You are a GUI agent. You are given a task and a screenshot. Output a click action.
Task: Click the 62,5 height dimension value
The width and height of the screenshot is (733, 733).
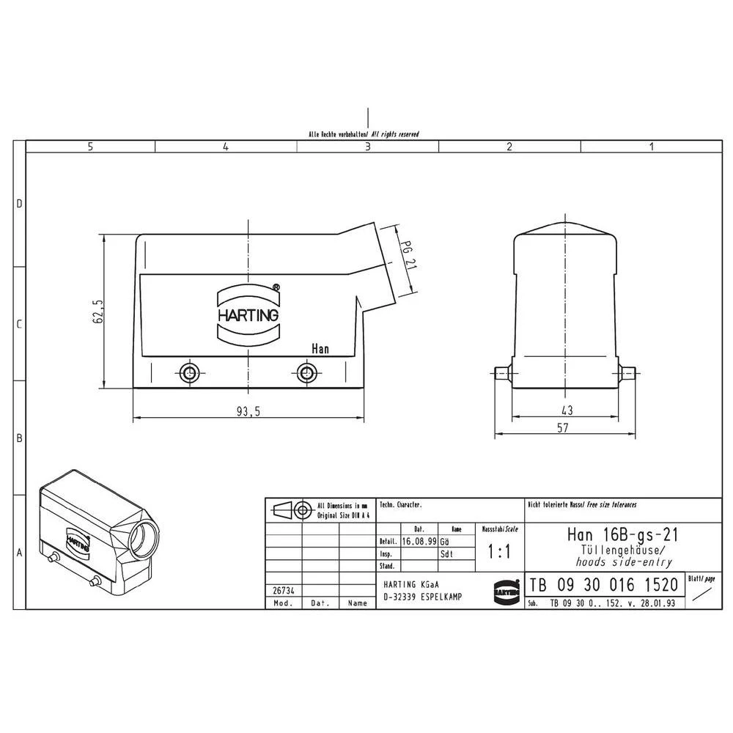click(98, 312)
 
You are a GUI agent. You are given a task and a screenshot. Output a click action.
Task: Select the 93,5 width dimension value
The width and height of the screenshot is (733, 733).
click(248, 411)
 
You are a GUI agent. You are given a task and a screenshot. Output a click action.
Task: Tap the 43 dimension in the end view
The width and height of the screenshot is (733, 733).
click(567, 410)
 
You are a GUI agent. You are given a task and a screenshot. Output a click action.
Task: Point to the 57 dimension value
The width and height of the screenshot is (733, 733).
click(562, 428)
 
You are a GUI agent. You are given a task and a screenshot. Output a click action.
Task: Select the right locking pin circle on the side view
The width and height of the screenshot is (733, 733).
click(306, 372)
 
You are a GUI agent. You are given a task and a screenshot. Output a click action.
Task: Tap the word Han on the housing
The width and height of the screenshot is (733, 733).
click(320, 349)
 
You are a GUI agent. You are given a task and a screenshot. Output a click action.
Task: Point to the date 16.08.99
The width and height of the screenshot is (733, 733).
click(419, 541)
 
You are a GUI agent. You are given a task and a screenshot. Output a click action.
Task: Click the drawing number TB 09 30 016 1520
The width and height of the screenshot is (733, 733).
click(604, 586)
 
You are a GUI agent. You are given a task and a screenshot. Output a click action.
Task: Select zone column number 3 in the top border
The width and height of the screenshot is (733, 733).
click(367, 147)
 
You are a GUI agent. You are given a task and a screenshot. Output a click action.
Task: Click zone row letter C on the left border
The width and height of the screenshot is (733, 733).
click(20, 324)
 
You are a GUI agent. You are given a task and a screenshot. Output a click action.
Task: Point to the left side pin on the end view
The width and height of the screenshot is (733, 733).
click(502, 372)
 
